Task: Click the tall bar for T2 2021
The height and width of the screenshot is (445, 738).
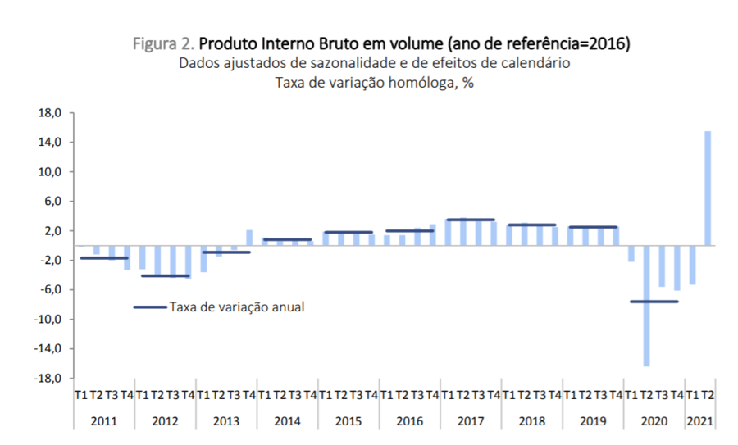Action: [x=708, y=188]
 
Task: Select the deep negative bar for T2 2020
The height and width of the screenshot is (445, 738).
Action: [x=646, y=305]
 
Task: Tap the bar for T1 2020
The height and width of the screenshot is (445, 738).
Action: [x=631, y=253]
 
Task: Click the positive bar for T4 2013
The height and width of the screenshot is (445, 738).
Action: [x=249, y=238]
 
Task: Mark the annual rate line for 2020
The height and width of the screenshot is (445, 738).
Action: [x=654, y=302]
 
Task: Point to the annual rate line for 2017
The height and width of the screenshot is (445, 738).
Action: [x=470, y=220]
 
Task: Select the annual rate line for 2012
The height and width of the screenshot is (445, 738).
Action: [x=166, y=276]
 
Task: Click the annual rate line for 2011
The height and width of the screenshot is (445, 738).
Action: [x=104, y=258]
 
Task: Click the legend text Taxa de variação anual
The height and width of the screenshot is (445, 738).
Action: [x=237, y=307]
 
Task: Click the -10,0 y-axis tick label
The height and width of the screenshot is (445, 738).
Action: [x=48, y=320]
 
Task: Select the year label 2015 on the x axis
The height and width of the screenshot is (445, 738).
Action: [x=348, y=422]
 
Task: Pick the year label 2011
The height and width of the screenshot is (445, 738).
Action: [x=104, y=422]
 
